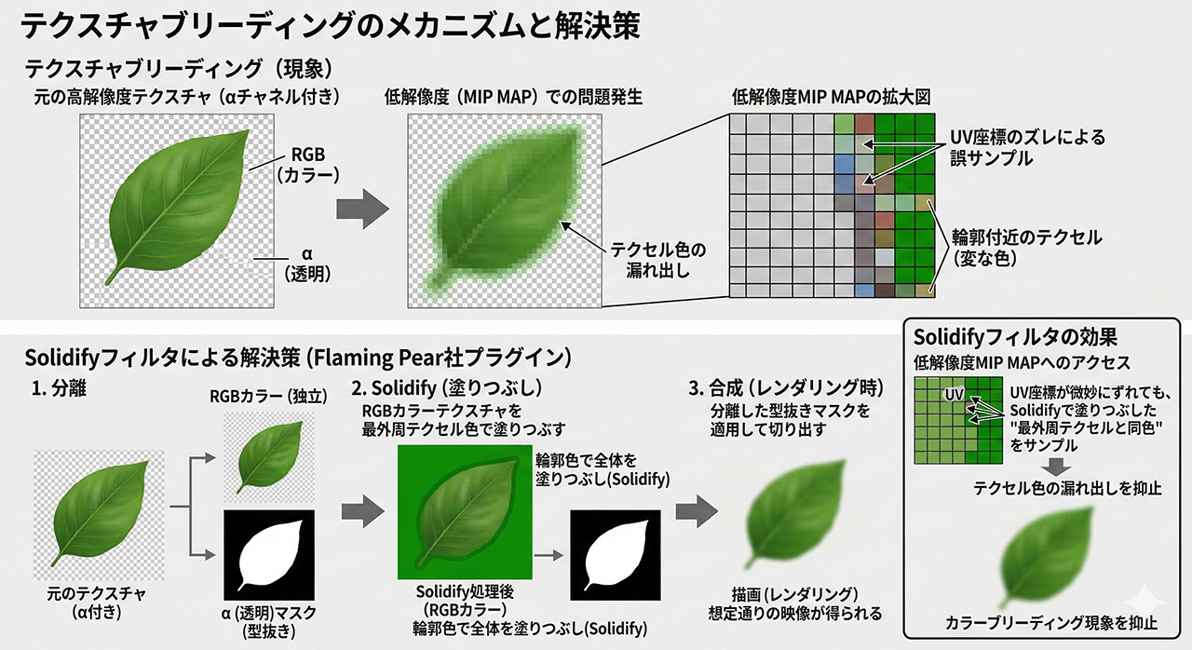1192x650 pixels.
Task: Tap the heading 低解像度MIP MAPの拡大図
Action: tap(832, 97)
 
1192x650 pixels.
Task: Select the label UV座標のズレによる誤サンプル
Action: tap(1026, 148)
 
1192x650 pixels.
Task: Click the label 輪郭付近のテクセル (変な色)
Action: tap(1026, 249)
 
